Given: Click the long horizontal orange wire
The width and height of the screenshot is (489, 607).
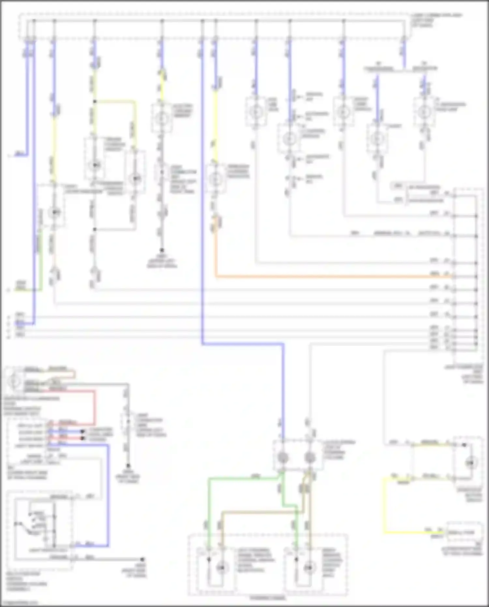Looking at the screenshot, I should click(326, 277).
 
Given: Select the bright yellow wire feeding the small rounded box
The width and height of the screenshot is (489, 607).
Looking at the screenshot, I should click(385, 509).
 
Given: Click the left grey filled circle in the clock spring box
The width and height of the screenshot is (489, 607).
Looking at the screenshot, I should click(282, 458).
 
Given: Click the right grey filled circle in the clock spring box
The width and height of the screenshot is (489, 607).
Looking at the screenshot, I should click(310, 458).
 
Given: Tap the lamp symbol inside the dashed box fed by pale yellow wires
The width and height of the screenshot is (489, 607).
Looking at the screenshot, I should click(470, 463).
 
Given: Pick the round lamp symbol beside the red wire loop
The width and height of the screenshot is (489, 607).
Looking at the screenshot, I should click(14, 381).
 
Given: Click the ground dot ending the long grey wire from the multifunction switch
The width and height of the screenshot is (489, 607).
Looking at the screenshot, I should click(142, 559).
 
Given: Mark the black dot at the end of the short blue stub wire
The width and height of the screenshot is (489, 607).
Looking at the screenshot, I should click(83, 432).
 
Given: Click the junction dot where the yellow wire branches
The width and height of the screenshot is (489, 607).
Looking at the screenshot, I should click(95, 101).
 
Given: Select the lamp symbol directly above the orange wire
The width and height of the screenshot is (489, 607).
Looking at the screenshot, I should click(215, 179).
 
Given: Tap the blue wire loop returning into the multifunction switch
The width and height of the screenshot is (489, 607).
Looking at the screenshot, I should click(108, 496).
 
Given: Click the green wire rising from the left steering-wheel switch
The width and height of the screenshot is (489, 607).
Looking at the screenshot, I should click(209, 509).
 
